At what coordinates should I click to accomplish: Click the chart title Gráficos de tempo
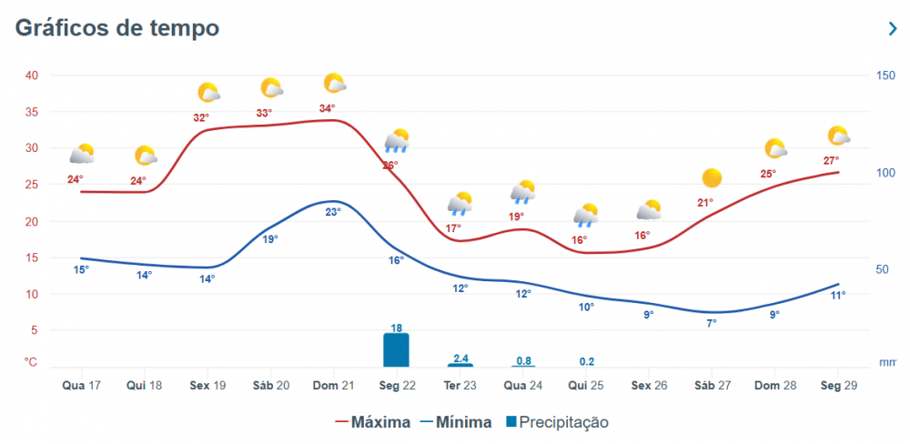tap(117, 28)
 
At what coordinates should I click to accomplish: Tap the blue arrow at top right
tap(893, 29)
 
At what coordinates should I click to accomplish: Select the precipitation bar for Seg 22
tap(396, 349)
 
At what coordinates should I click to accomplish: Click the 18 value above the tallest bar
tap(397, 328)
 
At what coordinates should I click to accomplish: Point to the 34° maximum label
tap(328, 109)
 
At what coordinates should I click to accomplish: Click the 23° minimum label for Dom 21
tap(333, 212)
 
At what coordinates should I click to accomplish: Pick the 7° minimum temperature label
tap(712, 323)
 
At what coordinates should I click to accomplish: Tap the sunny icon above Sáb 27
tap(712, 177)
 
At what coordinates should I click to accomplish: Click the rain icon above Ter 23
tap(460, 203)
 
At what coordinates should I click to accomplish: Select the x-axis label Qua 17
tap(82, 385)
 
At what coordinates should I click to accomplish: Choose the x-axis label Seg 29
tap(838, 385)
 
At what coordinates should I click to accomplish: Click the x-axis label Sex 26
tap(649, 385)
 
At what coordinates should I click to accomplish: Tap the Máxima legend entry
tap(373, 422)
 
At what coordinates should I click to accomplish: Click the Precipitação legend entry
tap(557, 422)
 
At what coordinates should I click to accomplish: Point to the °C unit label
tap(31, 362)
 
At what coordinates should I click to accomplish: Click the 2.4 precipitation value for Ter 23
tap(460, 358)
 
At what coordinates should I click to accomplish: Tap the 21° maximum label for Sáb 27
tap(705, 203)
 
